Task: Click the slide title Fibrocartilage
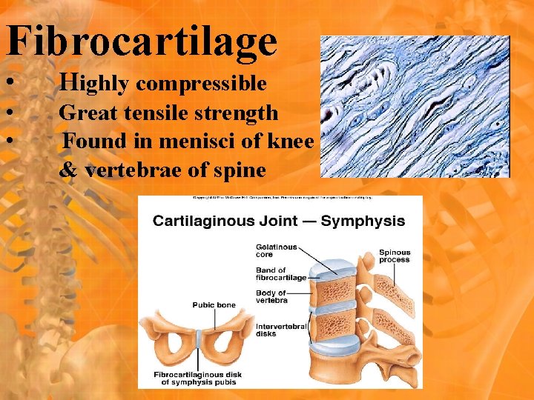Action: coord(142,41)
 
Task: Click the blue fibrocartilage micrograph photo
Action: coord(415,107)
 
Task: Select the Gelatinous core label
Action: coord(276,250)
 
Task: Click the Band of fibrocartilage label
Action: coord(281,274)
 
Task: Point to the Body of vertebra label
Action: coord(272,297)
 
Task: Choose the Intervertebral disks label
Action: coord(277,330)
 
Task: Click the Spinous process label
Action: coord(395,256)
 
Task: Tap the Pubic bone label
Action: coord(214,304)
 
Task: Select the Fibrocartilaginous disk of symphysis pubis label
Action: coord(198,378)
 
